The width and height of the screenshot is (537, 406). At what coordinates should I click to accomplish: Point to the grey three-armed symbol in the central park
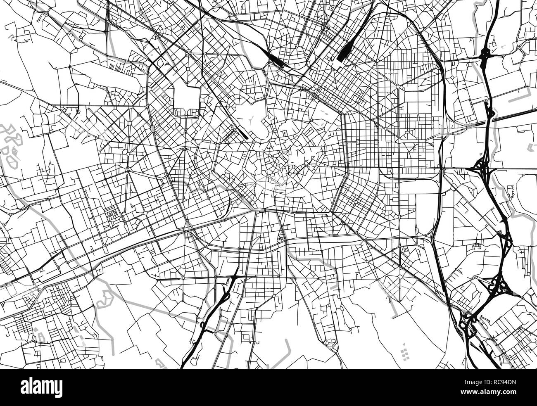(251, 119)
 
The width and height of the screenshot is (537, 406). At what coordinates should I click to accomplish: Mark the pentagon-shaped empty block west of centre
(186, 99)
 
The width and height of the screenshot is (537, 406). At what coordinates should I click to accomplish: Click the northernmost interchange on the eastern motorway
(485, 56)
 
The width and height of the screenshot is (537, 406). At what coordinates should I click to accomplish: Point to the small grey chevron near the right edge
(530, 147)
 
